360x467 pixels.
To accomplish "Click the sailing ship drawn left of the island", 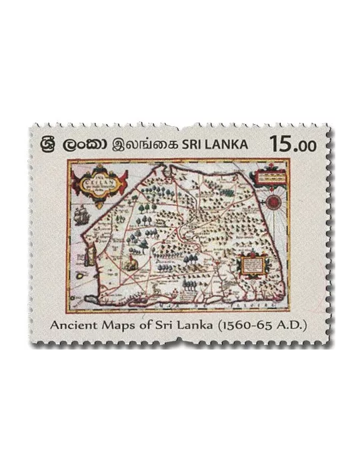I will (82, 215).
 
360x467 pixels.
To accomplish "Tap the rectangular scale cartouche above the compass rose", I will (269, 175).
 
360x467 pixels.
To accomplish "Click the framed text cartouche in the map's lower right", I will (251, 266).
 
